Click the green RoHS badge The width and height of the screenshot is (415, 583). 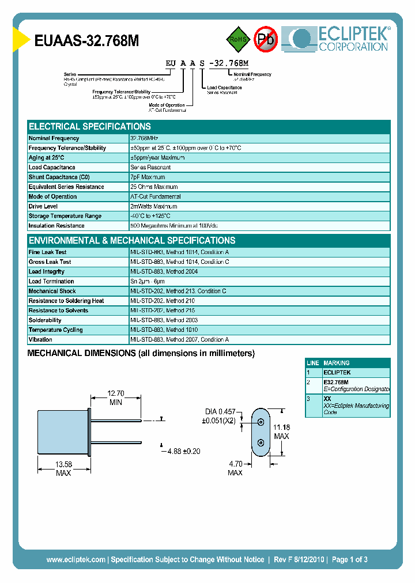[x=237, y=39]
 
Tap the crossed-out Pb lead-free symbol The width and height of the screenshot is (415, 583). [x=266, y=39]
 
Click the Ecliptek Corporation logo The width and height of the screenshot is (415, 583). [x=341, y=39]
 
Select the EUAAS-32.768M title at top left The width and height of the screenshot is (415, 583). [x=86, y=41]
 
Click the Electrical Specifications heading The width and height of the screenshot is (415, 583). [x=90, y=127]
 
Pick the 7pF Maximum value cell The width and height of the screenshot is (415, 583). [x=148, y=177]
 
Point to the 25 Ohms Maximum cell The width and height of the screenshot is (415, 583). [x=154, y=187]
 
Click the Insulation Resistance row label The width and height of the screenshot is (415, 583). [x=56, y=226]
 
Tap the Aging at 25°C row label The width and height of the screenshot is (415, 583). [x=46, y=157]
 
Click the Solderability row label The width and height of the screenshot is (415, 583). [x=45, y=320]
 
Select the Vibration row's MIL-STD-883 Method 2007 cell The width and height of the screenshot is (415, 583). [x=180, y=340]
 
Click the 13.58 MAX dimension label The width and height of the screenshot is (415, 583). [x=63, y=468]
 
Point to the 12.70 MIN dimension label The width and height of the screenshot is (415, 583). [x=116, y=398]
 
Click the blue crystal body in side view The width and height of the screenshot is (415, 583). [x=62, y=432]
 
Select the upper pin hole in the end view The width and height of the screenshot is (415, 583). [x=261, y=422]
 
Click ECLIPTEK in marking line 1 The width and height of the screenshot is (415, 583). [x=337, y=373]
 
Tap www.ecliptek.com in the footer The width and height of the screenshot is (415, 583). [x=76, y=559]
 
